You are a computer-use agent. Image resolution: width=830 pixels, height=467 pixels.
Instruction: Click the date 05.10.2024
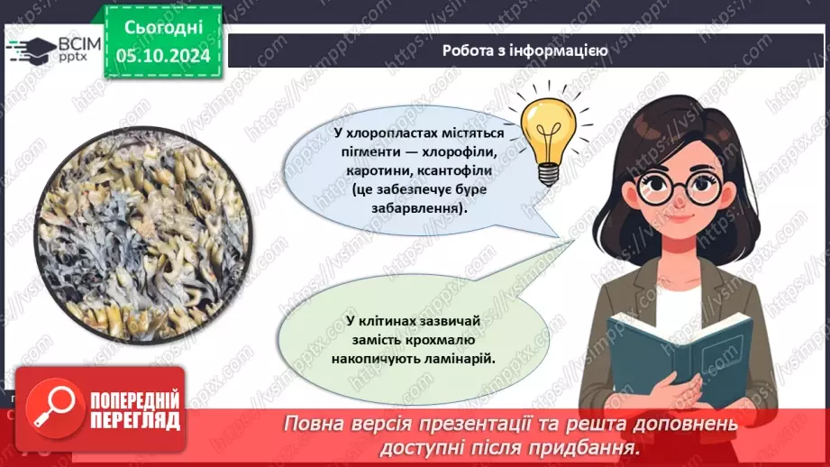tap(163, 56)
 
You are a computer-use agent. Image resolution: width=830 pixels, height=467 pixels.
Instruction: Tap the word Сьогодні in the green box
tap(163, 28)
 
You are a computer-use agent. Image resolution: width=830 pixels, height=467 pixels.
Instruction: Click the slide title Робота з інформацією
tap(524, 50)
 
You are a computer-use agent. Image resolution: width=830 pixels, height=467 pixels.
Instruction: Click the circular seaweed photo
tap(143, 234)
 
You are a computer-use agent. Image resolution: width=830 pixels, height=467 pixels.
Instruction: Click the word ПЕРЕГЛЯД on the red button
tap(135, 421)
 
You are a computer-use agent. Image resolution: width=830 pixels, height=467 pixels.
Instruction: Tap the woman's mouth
tap(680, 218)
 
